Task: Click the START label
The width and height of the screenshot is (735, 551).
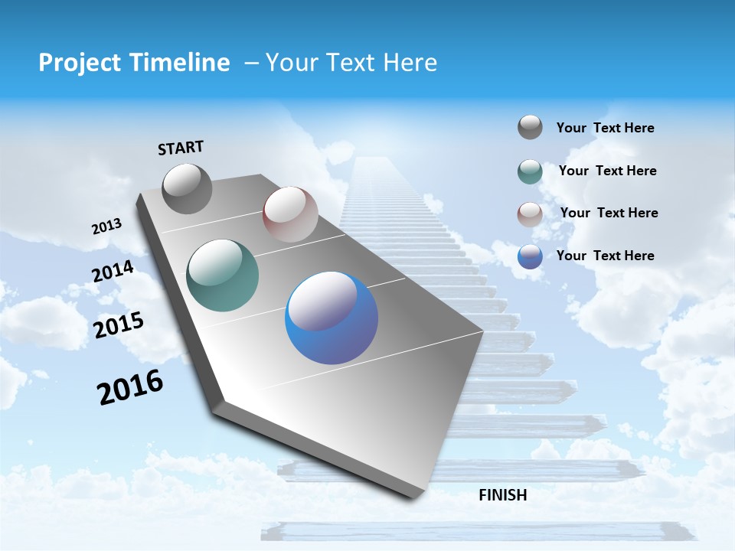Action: coord(181,148)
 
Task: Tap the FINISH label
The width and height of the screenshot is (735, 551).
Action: coord(503,495)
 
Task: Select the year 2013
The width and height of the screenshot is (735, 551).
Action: coord(106,227)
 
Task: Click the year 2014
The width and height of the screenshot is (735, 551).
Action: coord(113,272)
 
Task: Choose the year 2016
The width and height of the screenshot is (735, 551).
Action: coord(130,387)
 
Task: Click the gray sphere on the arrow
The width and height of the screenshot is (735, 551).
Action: coord(187,188)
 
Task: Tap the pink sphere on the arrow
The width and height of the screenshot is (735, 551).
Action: coord(290,214)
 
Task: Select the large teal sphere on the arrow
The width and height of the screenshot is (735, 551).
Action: coord(223,275)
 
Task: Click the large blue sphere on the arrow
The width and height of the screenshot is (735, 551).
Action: coord(332,318)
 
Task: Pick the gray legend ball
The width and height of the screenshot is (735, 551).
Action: coord(530,127)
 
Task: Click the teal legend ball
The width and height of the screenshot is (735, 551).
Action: coord(530,171)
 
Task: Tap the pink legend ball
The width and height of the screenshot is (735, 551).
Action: coord(530,214)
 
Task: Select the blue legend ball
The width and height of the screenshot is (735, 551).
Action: coord(530,256)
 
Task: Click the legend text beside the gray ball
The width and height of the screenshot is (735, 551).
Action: coord(605,129)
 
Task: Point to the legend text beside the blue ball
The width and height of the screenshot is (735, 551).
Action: coord(605,256)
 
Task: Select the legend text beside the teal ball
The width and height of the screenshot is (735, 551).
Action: coord(607,171)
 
